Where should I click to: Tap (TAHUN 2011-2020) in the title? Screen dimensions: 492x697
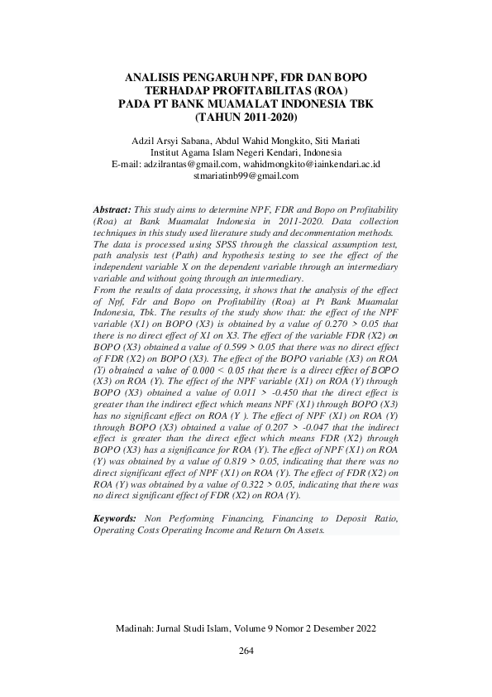click(245, 117)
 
